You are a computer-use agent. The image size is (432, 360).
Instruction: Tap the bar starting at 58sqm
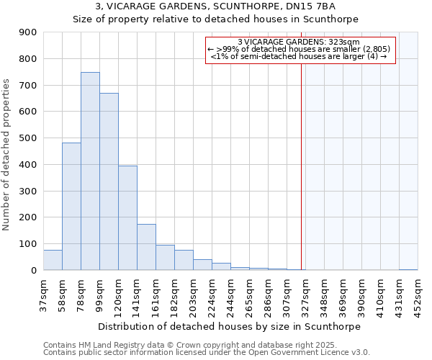[71, 206]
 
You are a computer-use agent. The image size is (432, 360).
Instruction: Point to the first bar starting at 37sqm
[53, 260]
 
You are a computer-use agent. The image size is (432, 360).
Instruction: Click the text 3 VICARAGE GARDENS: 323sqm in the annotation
[301, 42]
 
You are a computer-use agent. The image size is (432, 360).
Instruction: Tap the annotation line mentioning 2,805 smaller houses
[301, 49]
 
